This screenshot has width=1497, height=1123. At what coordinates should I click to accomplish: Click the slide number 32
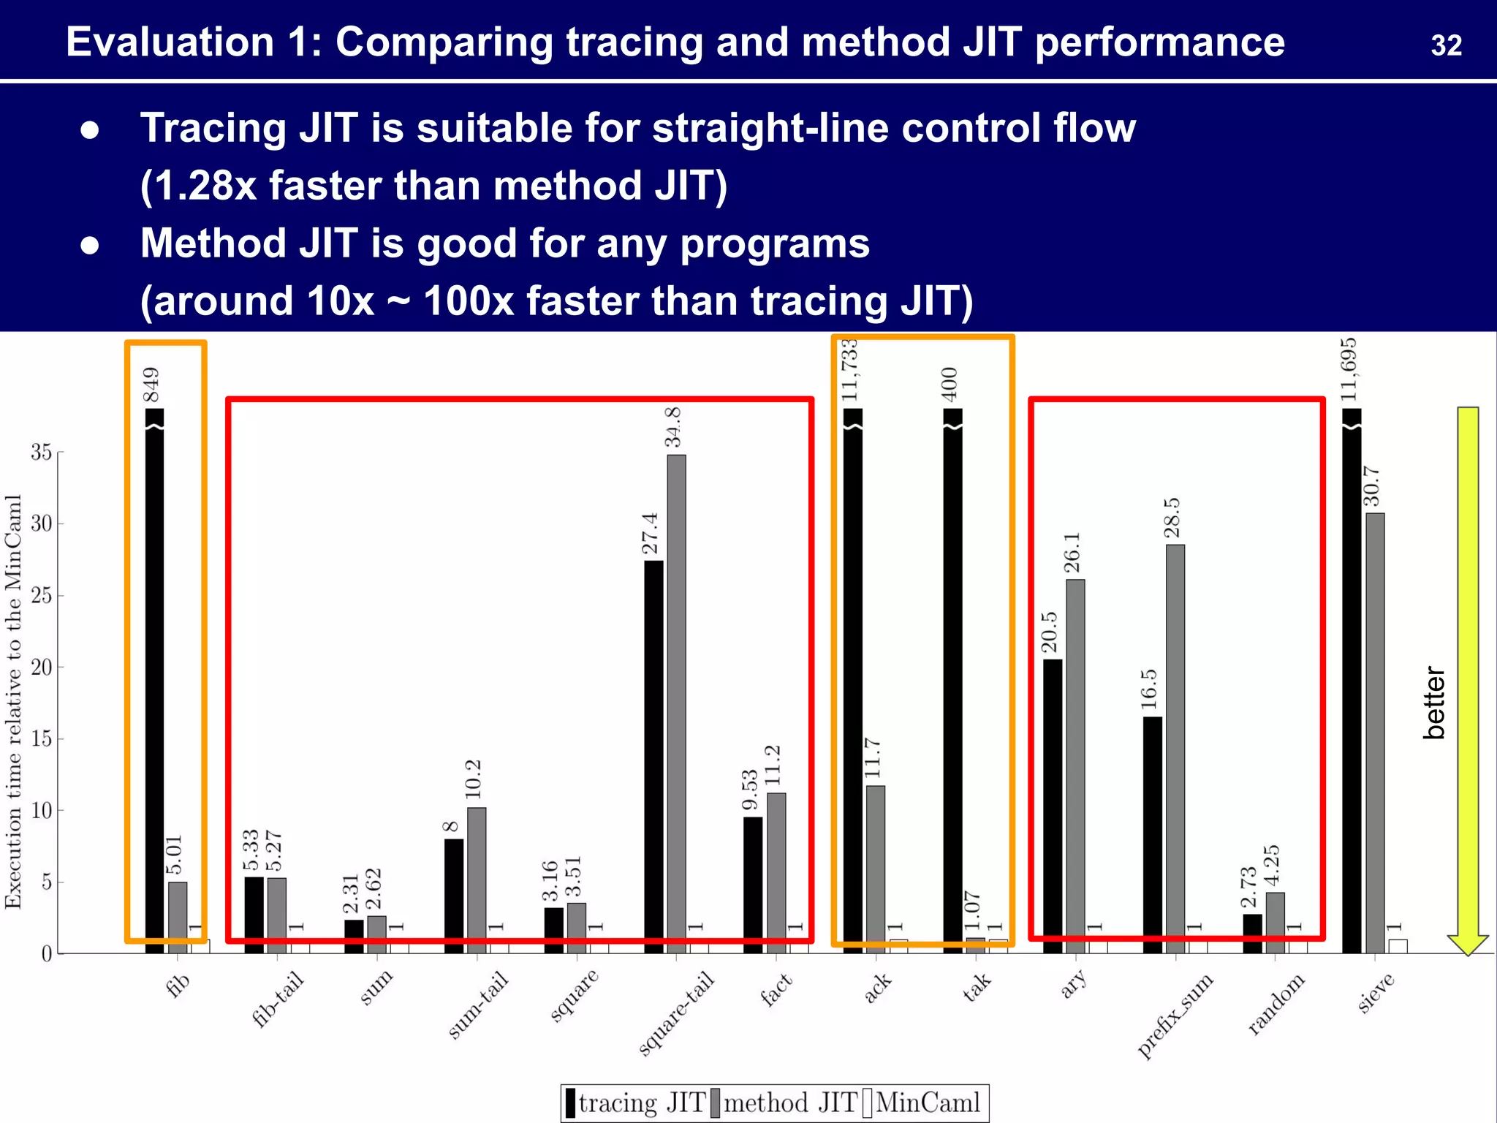[1446, 46]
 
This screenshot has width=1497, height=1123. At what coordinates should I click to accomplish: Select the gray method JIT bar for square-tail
[676, 702]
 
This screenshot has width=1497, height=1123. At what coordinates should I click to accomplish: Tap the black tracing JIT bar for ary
[1053, 804]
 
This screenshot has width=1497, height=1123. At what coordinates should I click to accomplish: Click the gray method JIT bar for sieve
[1375, 731]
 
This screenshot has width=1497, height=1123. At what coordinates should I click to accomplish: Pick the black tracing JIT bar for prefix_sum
[1153, 833]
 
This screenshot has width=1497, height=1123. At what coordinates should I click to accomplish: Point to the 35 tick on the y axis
[42, 453]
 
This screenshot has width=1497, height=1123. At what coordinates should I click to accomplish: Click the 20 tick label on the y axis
[42, 668]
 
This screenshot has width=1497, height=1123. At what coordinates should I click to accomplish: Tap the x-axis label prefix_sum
[1175, 1016]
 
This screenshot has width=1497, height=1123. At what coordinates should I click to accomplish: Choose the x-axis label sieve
[1376, 993]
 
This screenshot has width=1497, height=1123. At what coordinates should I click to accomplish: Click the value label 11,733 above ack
[849, 371]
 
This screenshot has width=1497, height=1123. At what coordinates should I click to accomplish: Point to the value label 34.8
[672, 428]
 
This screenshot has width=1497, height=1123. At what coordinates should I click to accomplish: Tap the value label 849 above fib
[151, 385]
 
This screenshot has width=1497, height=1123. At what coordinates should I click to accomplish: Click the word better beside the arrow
[1434, 703]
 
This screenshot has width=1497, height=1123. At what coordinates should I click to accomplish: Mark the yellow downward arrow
[1468, 680]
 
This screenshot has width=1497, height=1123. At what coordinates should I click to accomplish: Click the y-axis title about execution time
[13, 702]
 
